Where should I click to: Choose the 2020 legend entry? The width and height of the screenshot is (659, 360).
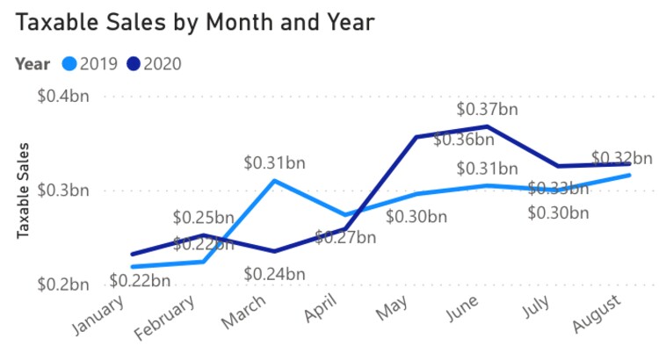coord(161,63)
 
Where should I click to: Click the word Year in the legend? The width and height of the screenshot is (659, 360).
coord(33,63)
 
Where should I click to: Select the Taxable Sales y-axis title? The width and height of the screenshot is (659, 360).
coord(24,189)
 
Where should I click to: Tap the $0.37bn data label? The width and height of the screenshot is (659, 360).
coord(487,110)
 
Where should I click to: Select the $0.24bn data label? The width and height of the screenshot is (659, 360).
coord(275,273)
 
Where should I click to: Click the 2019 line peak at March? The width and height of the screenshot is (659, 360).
coord(274,181)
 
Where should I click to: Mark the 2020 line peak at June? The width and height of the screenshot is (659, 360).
coord(486,126)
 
